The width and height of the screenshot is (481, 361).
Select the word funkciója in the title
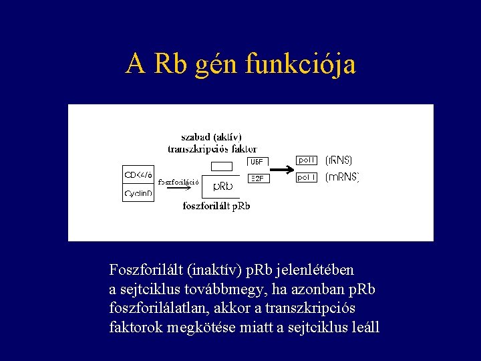click(301, 64)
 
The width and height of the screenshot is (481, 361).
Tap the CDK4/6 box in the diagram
click(138, 175)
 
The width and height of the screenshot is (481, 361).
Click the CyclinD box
click(138, 194)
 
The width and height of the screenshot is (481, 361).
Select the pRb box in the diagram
click(223, 187)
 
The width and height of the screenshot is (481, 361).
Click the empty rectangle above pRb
click(221, 166)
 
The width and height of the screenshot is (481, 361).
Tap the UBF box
click(258, 162)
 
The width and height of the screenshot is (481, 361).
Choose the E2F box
click(258, 178)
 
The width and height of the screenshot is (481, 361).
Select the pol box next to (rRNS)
click(307, 160)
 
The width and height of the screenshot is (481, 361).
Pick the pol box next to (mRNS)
click(307, 177)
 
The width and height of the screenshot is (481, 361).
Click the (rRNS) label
click(339, 160)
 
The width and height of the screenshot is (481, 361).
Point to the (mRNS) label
click(342, 177)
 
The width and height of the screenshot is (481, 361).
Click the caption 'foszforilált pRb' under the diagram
click(216, 206)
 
